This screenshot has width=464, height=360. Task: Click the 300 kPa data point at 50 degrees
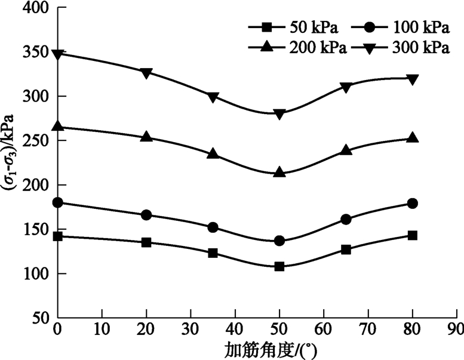[279, 113]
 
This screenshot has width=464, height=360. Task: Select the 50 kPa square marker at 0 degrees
[58, 236]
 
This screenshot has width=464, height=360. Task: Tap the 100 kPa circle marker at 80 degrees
[412, 204]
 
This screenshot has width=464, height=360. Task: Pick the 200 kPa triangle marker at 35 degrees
[213, 153]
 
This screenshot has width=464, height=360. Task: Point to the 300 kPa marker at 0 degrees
[58, 54]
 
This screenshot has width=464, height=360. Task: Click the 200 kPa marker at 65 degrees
[346, 150]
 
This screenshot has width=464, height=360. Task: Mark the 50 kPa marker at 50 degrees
[279, 266]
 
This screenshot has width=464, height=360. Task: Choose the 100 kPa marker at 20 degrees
[146, 215]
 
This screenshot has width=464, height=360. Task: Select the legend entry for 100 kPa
[400, 27]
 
